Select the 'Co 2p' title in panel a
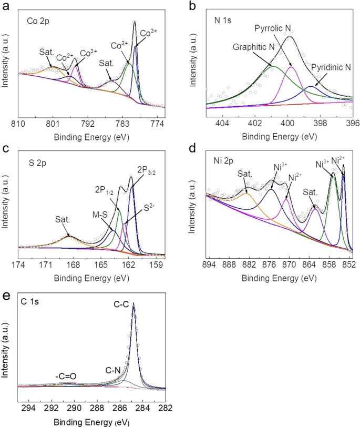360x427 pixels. [38, 22]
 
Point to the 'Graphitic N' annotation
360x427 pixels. [254, 46]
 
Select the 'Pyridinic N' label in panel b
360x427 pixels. [330, 67]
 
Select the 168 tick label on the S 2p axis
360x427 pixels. [73, 263]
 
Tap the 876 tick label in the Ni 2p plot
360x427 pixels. [269, 263]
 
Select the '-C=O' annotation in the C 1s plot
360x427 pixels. [66, 376]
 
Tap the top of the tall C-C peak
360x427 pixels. [133, 303]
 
